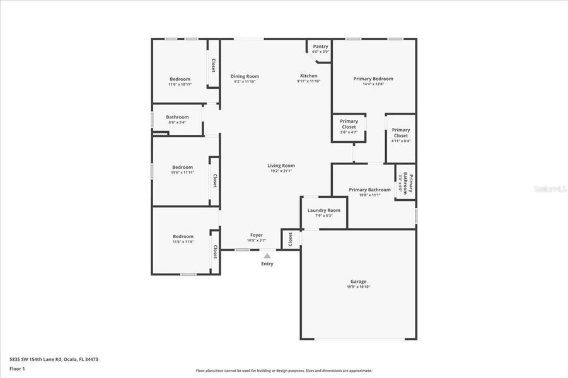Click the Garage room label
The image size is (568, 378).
click(358, 282)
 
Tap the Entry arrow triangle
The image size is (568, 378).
click(267, 256)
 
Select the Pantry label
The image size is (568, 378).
click(321, 46)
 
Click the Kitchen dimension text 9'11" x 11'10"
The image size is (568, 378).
click(308, 81)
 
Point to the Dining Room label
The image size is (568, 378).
click(245, 76)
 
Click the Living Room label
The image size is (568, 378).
click(281, 166)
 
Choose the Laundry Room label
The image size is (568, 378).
click(324, 210)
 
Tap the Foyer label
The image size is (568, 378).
click(256, 235)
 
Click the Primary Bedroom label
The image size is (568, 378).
click(373, 79)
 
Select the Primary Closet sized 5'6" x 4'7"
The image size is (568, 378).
click(349, 124)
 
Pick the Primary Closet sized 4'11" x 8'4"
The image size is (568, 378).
click(401, 133)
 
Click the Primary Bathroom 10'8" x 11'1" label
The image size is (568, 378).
click(370, 190)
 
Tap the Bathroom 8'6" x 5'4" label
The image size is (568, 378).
click(177, 117)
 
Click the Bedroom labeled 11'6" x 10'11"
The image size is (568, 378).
click(180, 79)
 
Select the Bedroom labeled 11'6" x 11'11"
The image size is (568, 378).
click(182, 168)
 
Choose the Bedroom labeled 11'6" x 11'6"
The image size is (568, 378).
click(183, 237)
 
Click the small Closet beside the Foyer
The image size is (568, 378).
click(291, 239)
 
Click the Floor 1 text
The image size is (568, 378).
click(17, 368)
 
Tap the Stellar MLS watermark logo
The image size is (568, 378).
click(548, 188)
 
